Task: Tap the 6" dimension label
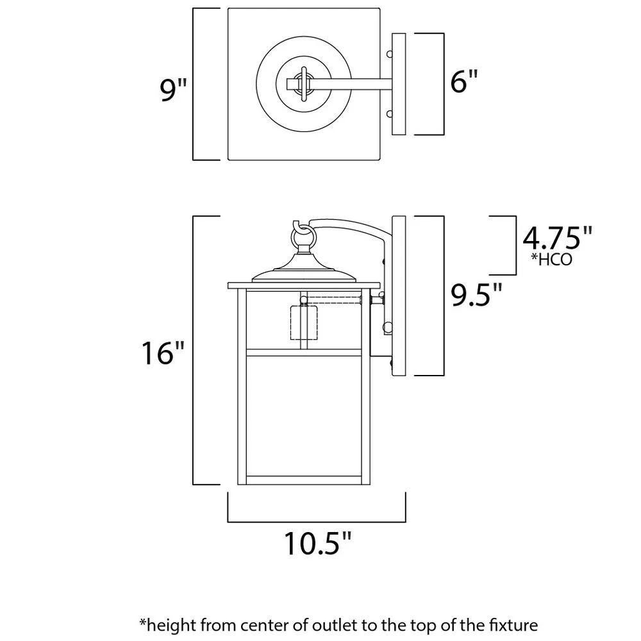tap(464, 83)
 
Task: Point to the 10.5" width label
tap(318, 544)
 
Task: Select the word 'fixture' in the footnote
tap(510, 624)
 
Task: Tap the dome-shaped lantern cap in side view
tap(304, 273)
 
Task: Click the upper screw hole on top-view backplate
tap(388, 54)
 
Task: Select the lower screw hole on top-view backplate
tap(388, 114)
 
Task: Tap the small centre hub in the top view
tap(303, 83)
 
